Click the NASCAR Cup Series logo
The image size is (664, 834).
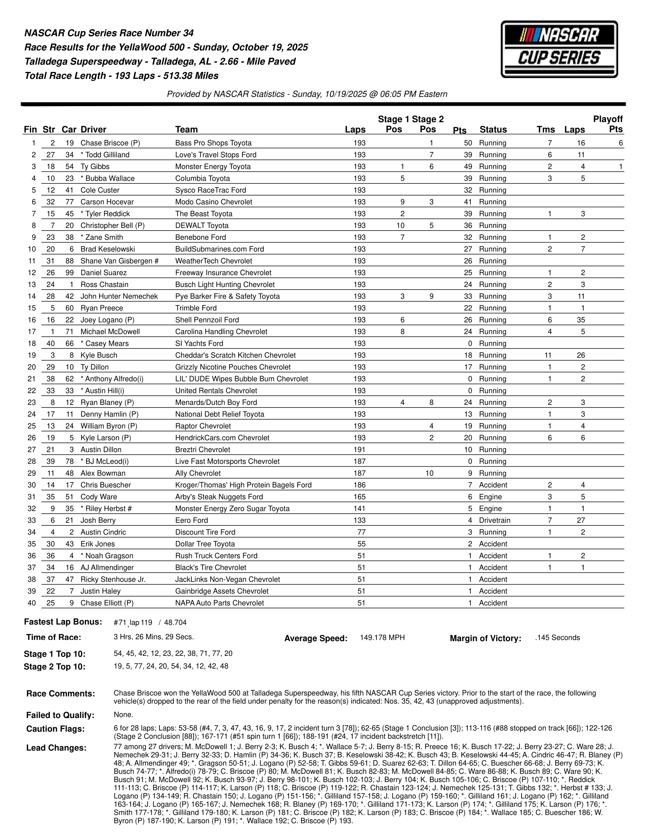[559, 49]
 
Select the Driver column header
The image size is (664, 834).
[93, 130]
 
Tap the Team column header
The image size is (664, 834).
[186, 130]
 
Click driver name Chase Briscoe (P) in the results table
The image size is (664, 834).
[110, 143]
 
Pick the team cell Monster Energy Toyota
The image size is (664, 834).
[212, 167]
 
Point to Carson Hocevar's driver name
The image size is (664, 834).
[107, 202]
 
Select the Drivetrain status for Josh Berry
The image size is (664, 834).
[494, 520]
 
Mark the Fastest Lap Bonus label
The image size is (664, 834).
[63, 622]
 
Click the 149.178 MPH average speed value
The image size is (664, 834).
[382, 638]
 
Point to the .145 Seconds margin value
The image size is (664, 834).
[557, 638]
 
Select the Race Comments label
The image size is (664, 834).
[61, 694]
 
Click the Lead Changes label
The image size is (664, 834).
[56, 748]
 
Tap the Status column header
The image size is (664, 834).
[493, 130]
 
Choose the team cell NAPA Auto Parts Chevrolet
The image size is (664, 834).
[220, 603]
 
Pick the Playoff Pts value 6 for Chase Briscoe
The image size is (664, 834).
[620, 143]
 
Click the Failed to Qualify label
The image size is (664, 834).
[60, 715]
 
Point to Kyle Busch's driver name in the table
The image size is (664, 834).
[99, 356]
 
